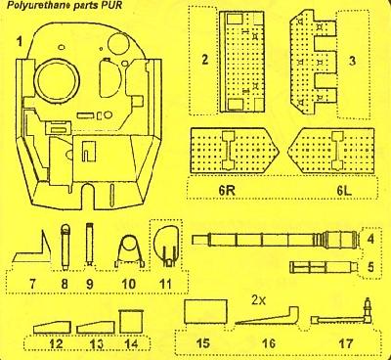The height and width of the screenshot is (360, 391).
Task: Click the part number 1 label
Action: click(20, 42)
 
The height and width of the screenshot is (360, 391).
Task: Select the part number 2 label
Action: click(204, 60)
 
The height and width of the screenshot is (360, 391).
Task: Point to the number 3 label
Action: click(352, 61)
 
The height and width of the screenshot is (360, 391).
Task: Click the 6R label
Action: click(228, 191)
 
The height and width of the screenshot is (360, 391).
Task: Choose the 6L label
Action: click(344, 191)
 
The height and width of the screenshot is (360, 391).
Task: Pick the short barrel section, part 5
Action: click(324, 267)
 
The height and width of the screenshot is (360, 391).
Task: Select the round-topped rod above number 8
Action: click(65, 247)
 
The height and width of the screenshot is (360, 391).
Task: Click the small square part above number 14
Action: click(131, 322)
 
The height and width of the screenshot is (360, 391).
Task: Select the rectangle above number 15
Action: click(205, 311)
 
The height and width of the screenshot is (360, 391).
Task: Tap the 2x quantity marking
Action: click(259, 300)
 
